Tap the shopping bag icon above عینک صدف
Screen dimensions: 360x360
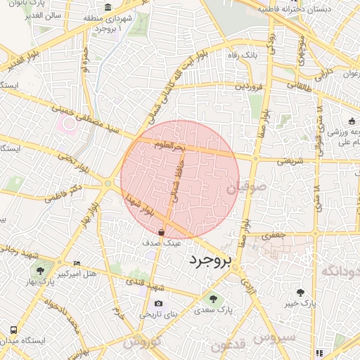click(x=162, y=231)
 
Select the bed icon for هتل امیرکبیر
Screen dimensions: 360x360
click(x=77, y=262)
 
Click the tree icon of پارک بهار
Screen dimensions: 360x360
click(x=41, y=270)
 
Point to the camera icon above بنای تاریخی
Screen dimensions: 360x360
click(x=157, y=304)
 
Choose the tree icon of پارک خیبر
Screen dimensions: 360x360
click(x=301, y=292)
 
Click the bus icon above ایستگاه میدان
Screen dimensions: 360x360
click(x=14, y=330)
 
